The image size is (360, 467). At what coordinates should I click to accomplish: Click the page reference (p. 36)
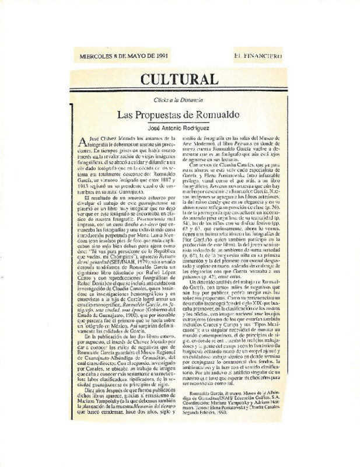[x=270, y=208]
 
